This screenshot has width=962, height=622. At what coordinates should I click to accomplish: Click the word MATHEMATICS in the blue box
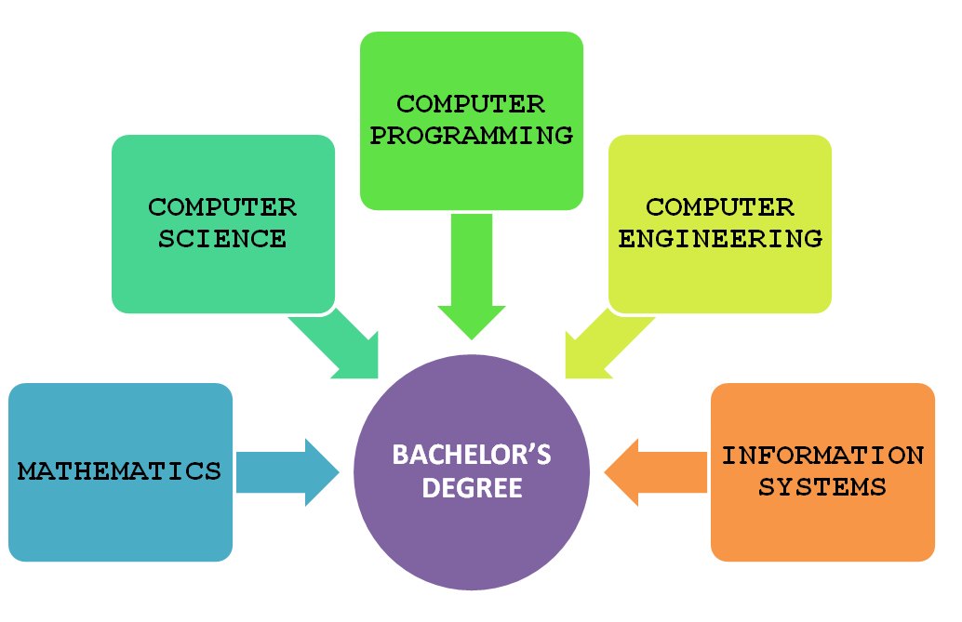119,471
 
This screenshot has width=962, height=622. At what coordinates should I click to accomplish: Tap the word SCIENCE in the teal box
222,239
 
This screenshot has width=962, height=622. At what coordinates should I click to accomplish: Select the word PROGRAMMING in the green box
471,136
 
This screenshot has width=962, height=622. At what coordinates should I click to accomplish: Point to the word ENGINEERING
720,239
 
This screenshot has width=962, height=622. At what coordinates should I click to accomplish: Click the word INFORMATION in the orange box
822,456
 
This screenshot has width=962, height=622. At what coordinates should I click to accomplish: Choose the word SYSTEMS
822,487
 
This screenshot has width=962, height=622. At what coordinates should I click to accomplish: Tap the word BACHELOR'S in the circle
472,455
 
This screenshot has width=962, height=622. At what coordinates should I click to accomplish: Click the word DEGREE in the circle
472,488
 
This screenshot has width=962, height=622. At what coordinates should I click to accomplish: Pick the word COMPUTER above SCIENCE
222,207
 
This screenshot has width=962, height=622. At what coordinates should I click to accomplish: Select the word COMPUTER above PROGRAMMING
471,104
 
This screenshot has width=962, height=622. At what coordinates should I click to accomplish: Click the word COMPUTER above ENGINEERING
720,207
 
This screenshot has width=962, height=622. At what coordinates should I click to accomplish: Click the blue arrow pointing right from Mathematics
287,472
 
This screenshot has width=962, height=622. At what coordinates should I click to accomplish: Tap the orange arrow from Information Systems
655,472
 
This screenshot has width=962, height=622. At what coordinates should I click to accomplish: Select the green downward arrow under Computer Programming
472,276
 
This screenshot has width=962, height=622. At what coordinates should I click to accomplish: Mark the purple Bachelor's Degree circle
472,472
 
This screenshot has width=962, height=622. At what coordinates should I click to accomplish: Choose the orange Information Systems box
822,472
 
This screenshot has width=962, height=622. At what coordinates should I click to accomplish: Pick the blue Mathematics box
120,472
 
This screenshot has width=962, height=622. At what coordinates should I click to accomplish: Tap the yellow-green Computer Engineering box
720,224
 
